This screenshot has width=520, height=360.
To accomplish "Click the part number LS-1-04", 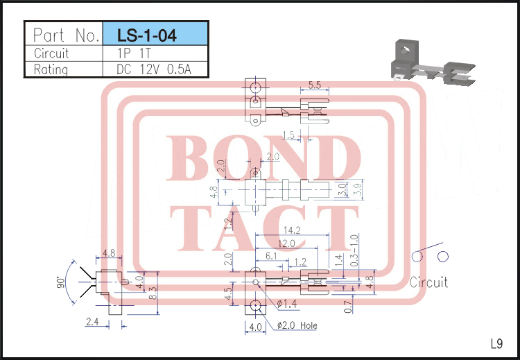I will click(x=147, y=35).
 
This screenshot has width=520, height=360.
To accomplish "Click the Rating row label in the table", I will click(x=51, y=69).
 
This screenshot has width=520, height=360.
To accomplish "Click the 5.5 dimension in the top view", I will click(x=313, y=85).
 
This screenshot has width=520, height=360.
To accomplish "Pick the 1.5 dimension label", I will click(x=289, y=135).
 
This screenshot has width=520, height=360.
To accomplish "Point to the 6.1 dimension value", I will click(x=271, y=257).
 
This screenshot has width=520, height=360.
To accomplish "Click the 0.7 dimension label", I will click(x=347, y=304).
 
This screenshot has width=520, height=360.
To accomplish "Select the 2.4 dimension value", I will click(x=92, y=321).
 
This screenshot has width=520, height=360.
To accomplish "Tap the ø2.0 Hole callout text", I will click(x=297, y=325).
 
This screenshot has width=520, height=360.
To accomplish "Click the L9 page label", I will click(x=496, y=343).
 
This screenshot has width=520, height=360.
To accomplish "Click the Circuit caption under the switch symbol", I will click(x=428, y=282).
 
